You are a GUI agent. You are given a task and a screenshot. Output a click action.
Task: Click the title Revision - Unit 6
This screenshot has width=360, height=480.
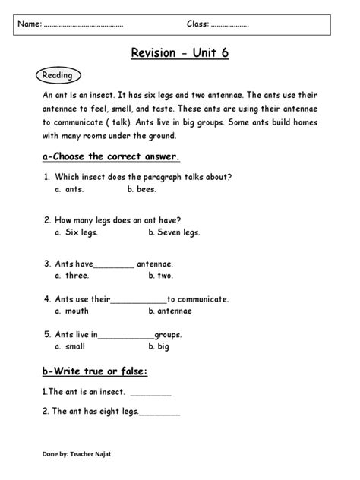pos(180,52)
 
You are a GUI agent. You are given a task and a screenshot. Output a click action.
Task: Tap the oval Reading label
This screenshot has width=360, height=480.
pos(57,75)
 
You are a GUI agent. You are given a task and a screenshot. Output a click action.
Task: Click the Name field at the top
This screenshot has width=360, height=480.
pos(84,25)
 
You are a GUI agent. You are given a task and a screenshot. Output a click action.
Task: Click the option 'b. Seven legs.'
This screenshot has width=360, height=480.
pos(174,232)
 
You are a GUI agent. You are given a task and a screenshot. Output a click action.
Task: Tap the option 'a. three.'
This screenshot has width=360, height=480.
pos(72,276)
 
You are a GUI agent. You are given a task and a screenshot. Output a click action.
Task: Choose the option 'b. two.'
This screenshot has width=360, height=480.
pos(161,276)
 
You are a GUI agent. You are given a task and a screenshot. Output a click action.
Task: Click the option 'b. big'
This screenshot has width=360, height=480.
pos(159,346)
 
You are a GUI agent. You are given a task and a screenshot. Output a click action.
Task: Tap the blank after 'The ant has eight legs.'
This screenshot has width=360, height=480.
pos(160,414)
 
